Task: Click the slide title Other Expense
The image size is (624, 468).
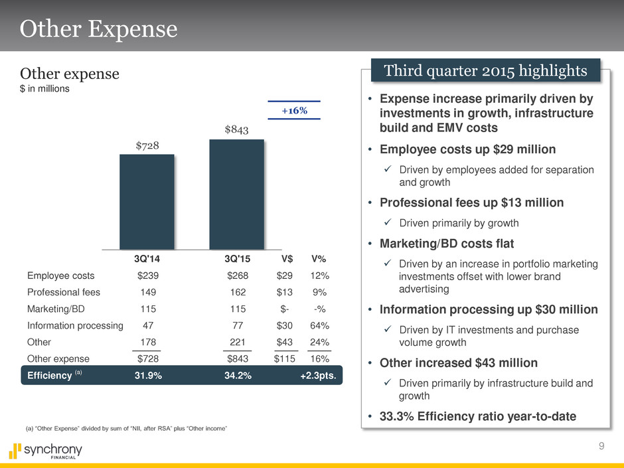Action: [x=99, y=29]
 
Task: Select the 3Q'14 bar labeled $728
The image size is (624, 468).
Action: [x=147, y=202]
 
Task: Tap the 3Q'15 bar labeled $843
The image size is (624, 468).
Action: [x=236, y=194]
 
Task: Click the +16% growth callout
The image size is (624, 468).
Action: [x=293, y=110]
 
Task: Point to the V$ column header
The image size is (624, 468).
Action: [x=287, y=259]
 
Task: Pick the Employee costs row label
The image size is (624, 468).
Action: [x=61, y=275]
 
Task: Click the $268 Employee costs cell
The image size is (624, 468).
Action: [x=237, y=275]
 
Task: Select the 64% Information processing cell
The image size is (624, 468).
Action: [x=319, y=325]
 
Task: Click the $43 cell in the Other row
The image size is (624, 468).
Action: [x=287, y=342]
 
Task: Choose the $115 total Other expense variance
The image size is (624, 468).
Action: [x=287, y=358]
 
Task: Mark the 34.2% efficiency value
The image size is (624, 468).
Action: [x=238, y=375]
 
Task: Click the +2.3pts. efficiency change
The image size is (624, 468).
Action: [x=318, y=375]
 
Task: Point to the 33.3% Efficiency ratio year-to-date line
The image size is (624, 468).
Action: [x=477, y=416]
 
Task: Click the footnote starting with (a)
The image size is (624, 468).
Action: [x=126, y=429]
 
